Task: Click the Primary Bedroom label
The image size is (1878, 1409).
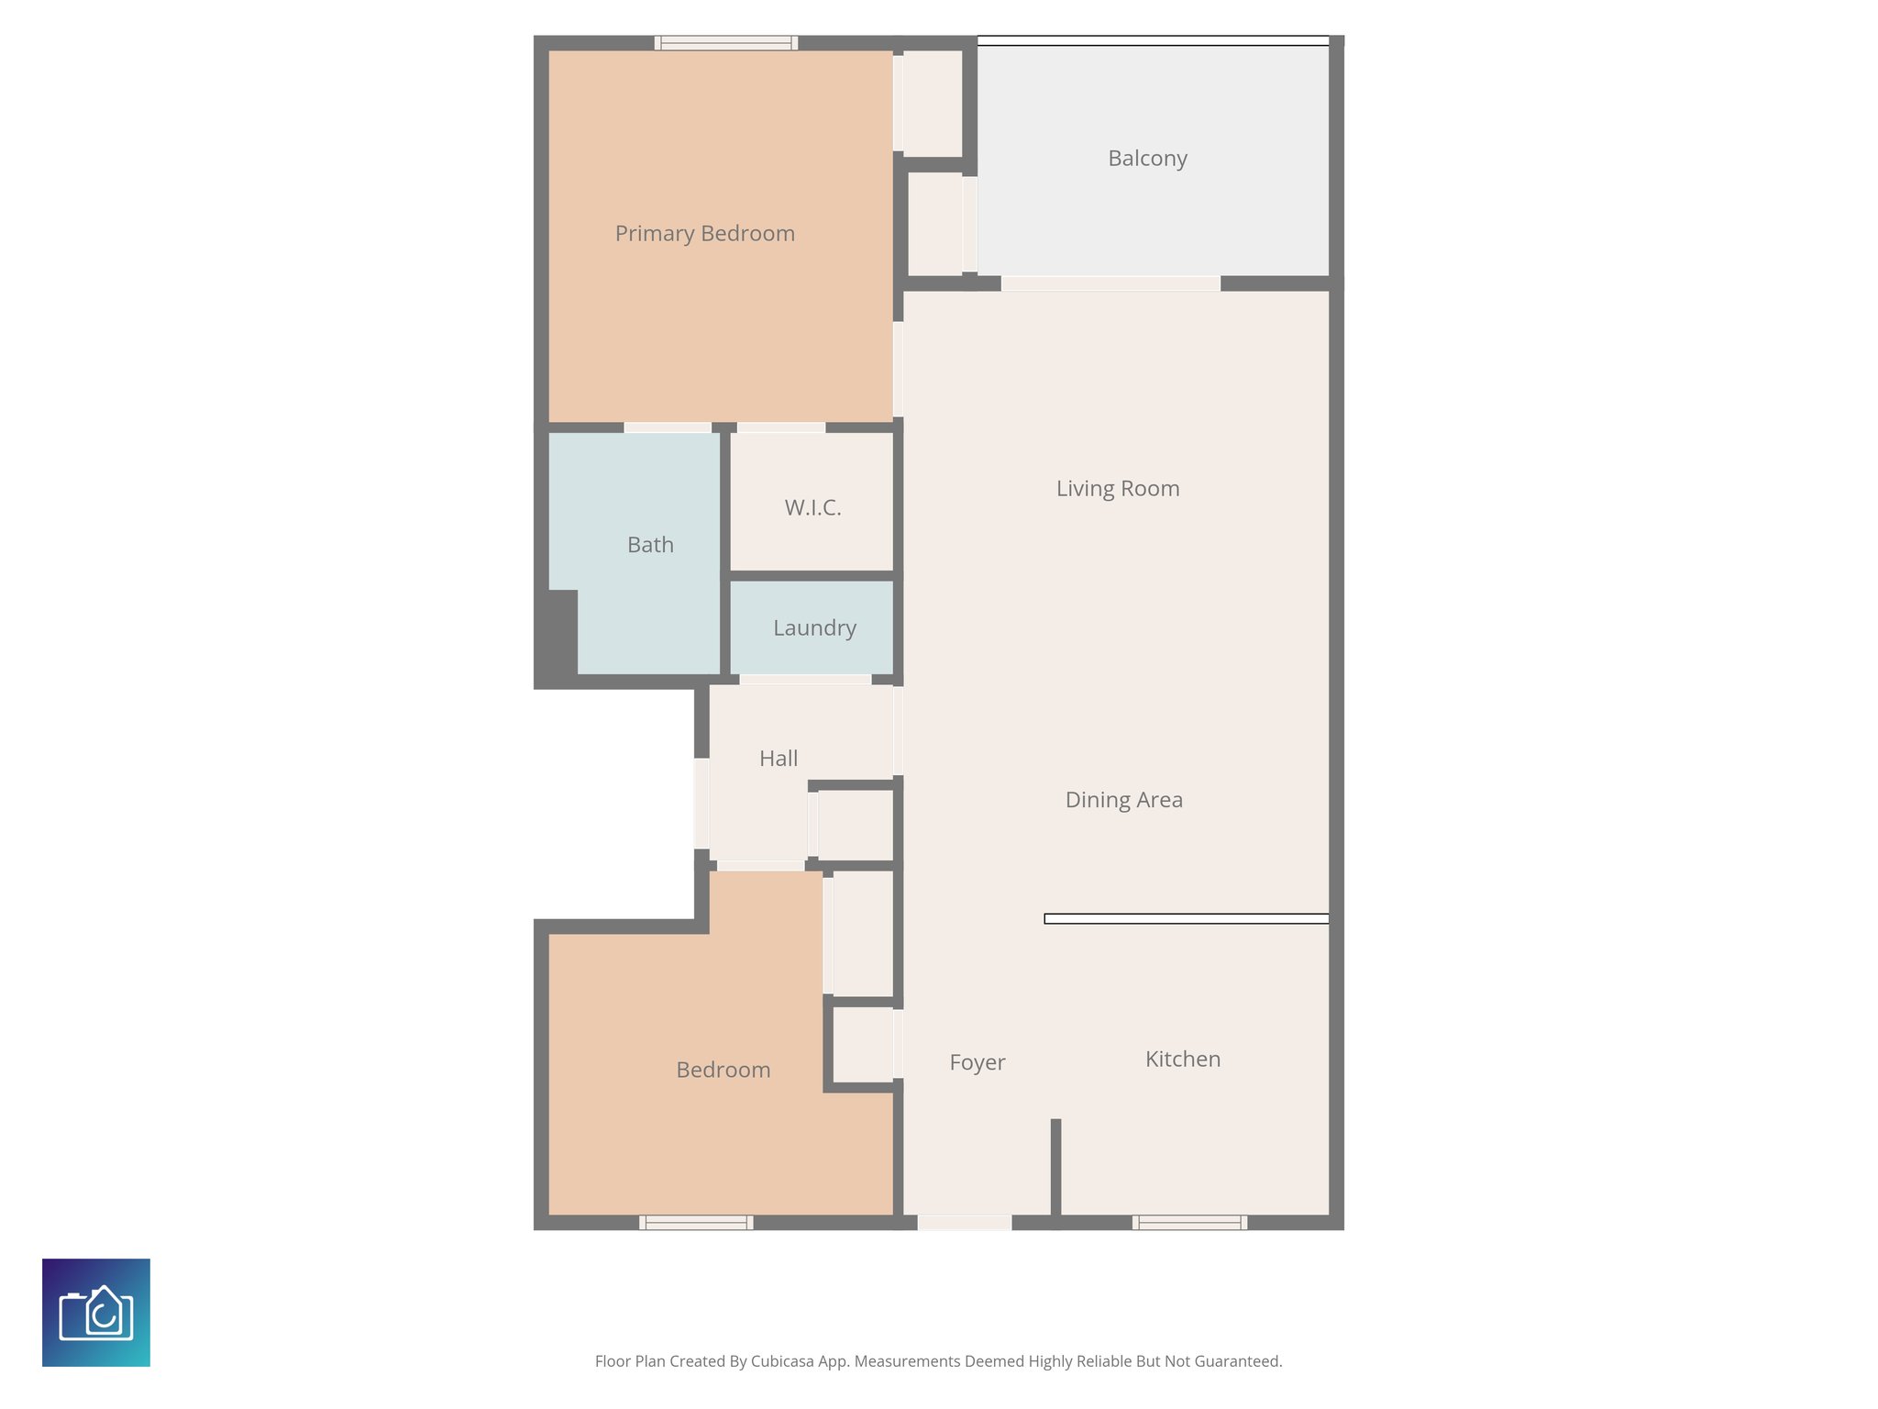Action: click(x=704, y=234)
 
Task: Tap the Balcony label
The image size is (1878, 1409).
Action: click(x=1147, y=159)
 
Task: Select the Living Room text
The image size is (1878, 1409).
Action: click(x=1117, y=488)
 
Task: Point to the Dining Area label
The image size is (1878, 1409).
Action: click(x=1123, y=800)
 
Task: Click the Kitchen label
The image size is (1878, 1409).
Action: click(x=1182, y=1060)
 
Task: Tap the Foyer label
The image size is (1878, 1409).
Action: click(x=977, y=1062)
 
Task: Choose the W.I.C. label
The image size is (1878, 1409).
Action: click(x=812, y=507)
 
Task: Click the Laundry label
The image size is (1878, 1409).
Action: click(x=814, y=628)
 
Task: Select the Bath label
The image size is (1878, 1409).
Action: click(x=650, y=545)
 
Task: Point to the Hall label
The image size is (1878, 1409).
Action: click(x=778, y=759)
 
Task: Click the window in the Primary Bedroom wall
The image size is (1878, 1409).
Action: click(x=725, y=42)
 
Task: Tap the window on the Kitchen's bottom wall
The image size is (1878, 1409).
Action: click(x=1189, y=1222)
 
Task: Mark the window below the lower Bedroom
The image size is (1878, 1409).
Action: click(x=696, y=1222)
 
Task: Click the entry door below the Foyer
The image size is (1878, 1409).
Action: click(x=964, y=1222)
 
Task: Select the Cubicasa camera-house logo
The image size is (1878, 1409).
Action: click(x=96, y=1313)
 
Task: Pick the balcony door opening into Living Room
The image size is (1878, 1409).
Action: click(x=1110, y=283)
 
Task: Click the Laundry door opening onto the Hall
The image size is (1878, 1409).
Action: click(x=805, y=680)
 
